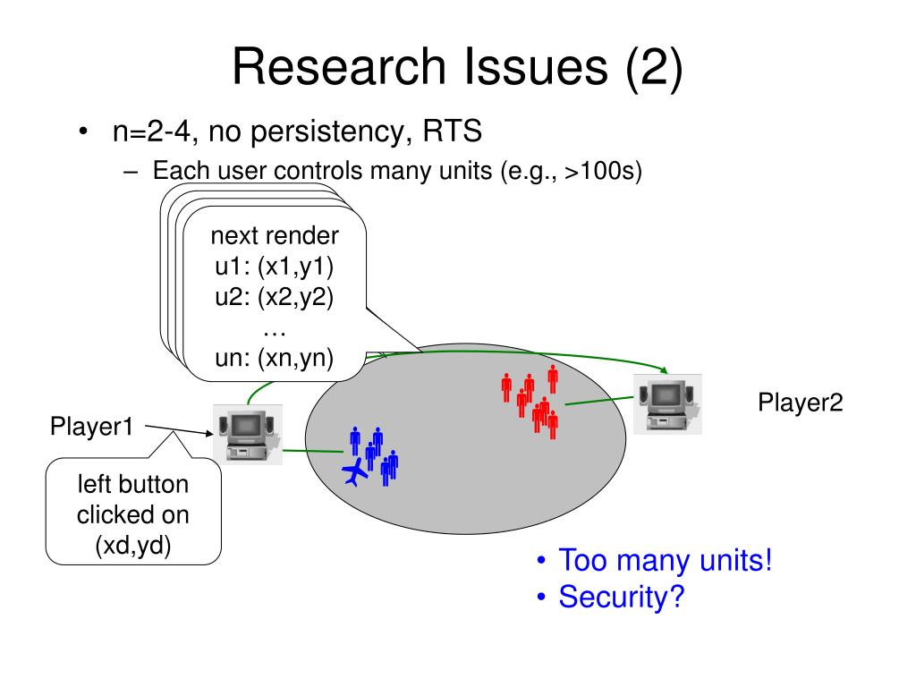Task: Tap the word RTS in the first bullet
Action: (453, 132)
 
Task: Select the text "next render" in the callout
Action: (275, 237)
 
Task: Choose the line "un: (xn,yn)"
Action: (275, 359)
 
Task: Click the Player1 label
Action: (91, 427)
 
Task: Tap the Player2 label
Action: (801, 403)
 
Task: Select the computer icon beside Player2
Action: (667, 403)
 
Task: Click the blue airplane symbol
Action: (356, 471)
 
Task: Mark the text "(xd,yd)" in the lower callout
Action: (133, 545)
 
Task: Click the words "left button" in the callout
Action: (133, 486)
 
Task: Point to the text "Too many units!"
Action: (665, 561)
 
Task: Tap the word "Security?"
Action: (621, 596)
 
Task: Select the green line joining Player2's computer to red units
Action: (597, 400)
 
